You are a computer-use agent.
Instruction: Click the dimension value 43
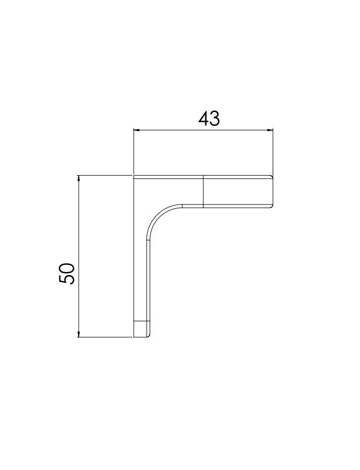[209, 118]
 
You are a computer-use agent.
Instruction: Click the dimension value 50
[67, 274]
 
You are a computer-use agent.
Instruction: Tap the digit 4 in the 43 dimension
[203, 118]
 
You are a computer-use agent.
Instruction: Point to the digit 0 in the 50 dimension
[67, 268]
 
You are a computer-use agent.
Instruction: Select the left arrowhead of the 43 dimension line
[136, 130]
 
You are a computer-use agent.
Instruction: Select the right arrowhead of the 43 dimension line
[270, 130]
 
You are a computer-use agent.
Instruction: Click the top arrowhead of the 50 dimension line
[79, 178]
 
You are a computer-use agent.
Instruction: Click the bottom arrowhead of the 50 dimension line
[79, 333]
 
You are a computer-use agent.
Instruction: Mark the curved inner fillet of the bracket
[158, 215]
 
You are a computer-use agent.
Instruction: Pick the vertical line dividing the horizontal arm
[203, 191]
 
